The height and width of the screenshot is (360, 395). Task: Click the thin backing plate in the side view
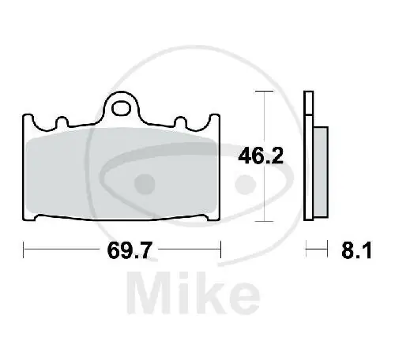[308, 158]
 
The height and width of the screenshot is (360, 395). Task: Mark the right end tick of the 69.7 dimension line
[220, 252]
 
